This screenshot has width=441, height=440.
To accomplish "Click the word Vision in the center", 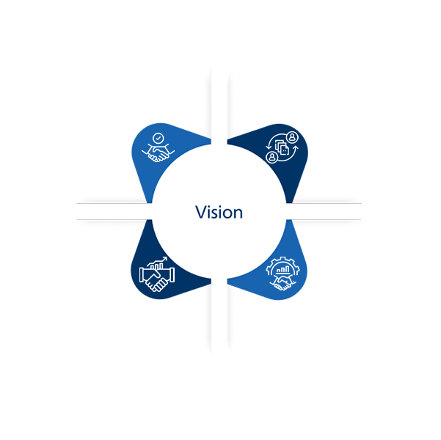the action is (219, 212).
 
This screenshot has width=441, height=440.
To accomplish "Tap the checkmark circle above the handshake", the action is (158, 139).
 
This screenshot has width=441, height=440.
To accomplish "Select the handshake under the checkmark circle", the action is (158, 153).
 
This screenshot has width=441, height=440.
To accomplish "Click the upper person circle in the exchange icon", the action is (293, 137).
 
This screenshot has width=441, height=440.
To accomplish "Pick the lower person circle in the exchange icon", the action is (271, 157).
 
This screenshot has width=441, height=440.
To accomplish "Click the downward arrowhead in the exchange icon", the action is (268, 147).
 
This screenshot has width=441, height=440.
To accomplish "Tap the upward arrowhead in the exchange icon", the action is (296, 147).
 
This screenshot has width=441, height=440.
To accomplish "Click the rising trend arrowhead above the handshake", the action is (165, 259).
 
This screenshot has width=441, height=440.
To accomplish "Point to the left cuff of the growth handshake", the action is (142, 275).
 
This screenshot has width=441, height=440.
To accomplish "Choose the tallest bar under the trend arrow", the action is (161, 265).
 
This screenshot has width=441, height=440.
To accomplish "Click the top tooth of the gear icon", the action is (283, 258).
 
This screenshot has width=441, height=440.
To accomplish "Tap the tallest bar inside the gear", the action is (287, 269).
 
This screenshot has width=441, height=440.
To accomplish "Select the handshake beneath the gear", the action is (282, 283).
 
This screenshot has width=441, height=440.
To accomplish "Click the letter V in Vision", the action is (201, 212).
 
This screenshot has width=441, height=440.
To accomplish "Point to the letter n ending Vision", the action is (238, 213).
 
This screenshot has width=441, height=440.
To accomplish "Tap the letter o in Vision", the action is (227, 214).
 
